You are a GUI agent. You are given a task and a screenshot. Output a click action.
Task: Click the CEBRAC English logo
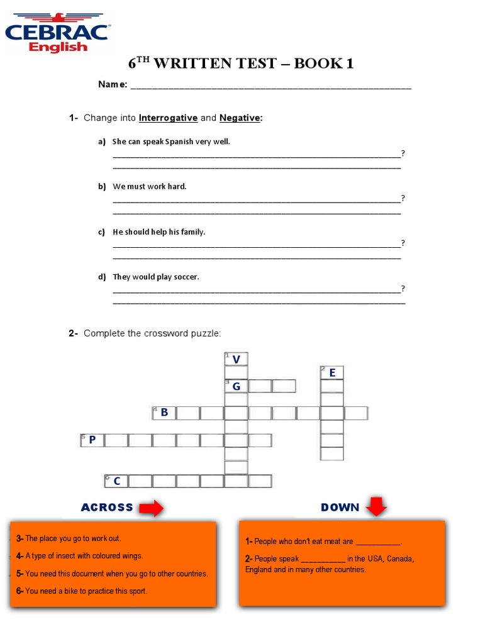(57, 31)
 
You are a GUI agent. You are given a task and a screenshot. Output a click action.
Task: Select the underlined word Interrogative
(168, 118)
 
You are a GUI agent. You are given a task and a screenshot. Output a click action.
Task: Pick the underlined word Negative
(239, 118)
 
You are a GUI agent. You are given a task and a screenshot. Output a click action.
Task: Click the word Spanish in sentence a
(179, 142)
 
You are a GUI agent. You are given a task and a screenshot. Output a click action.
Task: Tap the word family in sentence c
(193, 232)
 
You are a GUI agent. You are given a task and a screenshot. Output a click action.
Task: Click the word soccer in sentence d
(186, 277)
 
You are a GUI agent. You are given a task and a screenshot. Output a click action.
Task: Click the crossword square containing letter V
(236, 359)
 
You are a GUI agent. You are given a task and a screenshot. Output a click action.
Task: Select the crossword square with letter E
(332, 373)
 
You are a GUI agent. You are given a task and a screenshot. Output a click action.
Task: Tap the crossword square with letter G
(236, 386)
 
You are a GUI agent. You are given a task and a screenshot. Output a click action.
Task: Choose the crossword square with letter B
(164, 413)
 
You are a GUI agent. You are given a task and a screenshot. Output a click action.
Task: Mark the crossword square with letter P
(92, 440)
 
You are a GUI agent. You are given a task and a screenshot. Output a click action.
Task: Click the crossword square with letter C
(116, 481)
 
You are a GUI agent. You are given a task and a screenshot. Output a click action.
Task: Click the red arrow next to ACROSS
(152, 508)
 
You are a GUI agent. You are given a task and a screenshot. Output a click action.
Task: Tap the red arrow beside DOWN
(377, 506)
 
